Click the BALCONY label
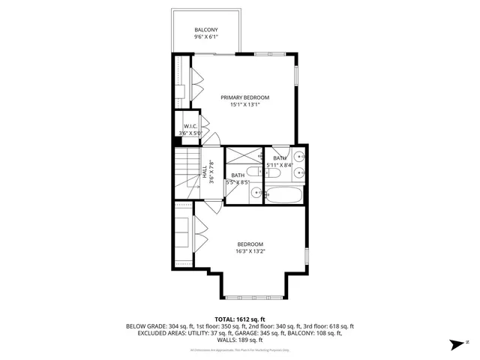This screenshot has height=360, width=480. tap(206, 30)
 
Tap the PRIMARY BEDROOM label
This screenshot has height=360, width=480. tap(244, 97)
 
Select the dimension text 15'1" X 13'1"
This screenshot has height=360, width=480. tap(244, 106)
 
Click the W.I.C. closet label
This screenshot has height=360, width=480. tap(190, 126)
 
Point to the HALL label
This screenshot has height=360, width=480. tap(204, 172)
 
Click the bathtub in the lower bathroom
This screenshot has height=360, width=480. tap(286, 196)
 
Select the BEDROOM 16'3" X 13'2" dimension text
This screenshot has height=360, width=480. tap(250, 252)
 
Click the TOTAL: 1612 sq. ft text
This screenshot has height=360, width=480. tap(239, 319)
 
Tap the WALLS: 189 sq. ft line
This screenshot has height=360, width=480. tap(240, 341)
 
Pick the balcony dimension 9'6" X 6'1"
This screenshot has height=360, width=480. tap(206, 37)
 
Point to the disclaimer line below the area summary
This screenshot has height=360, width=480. tap(240, 349)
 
